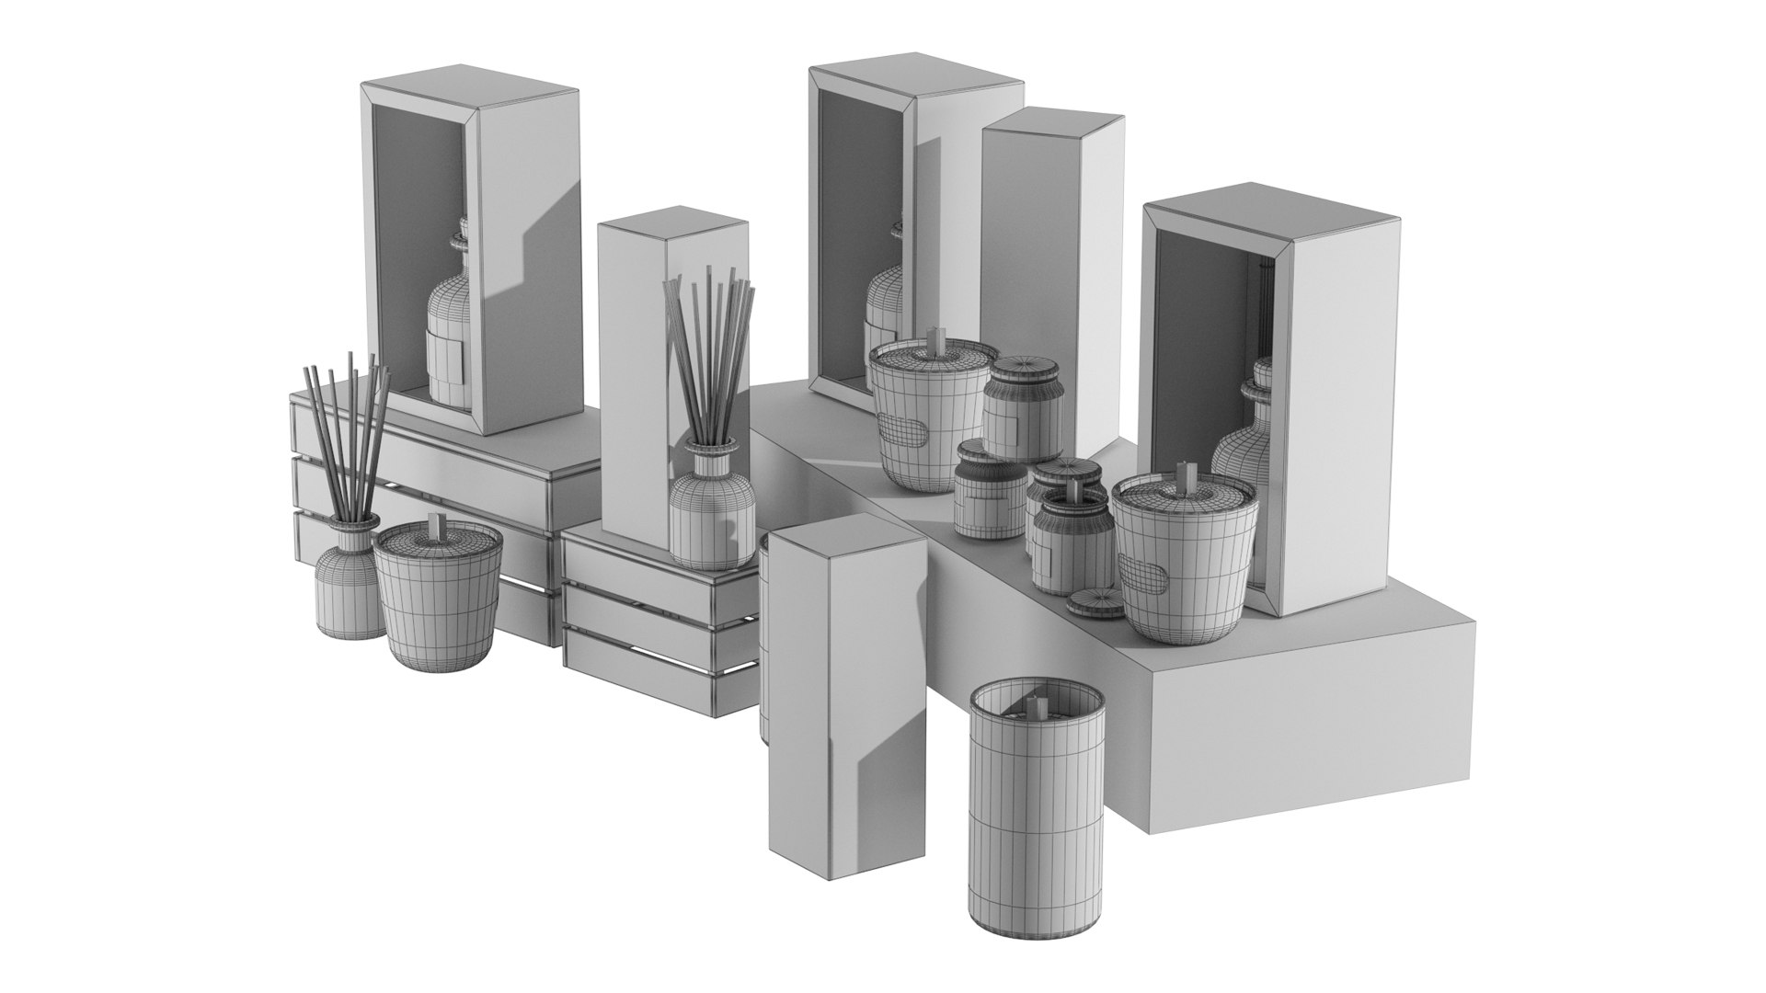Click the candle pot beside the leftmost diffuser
(x=438, y=598)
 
